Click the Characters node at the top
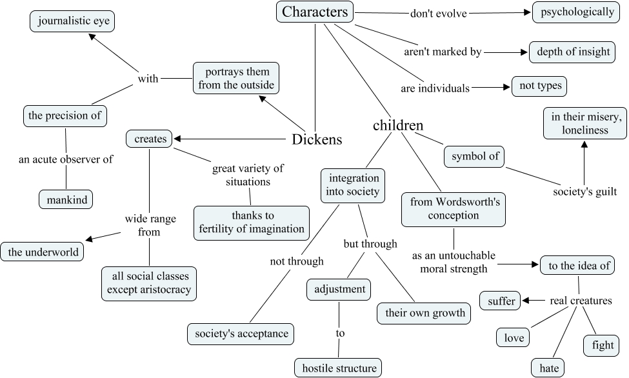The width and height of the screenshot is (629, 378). click(x=315, y=12)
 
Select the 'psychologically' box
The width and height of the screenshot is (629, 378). click(x=577, y=12)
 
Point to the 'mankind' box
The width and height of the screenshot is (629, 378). click(x=65, y=199)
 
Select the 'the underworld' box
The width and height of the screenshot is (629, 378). click(x=43, y=252)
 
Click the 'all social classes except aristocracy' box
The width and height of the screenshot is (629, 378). click(x=149, y=283)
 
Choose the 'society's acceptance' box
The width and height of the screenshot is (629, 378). click(x=241, y=333)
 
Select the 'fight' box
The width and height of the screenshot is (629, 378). click(x=603, y=345)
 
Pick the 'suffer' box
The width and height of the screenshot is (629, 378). click(x=501, y=301)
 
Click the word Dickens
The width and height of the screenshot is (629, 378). click(x=317, y=139)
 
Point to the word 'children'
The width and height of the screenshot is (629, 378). click(x=398, y=125)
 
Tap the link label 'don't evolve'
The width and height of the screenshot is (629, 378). click(x=438, y=12)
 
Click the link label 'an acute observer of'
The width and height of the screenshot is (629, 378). click(x=67, y=159)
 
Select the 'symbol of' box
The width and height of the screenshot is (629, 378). click(x=474, y=156)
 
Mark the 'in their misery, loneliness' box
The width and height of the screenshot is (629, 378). click(x=584, y=123)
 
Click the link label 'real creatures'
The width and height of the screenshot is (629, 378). click(x=578, y=300)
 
